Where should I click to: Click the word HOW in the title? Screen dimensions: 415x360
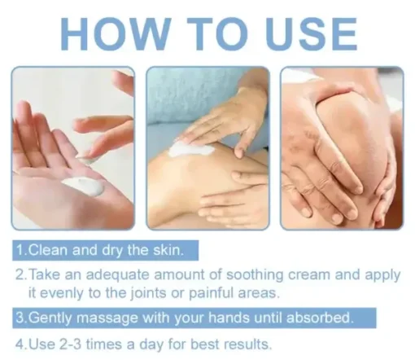(116, 34)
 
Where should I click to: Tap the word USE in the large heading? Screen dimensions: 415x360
(311, 34)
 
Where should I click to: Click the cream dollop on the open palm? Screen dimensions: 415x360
(84, 186)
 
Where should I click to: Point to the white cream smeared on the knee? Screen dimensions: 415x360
(190, 148)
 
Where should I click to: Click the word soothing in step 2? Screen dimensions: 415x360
(255, 274)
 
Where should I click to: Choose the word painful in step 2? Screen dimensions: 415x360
(211, 292)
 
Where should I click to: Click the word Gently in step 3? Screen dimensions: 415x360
(50, 318)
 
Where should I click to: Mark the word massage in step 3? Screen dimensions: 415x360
(107, 318)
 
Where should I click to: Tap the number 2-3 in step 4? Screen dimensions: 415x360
(70, 344)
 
